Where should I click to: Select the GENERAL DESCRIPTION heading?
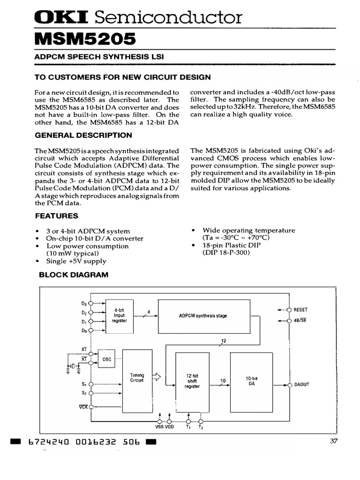coord(83,135)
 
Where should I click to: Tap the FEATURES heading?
coord(57,216)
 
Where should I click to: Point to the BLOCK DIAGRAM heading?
coord(73,275)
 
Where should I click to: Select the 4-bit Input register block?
coord(119,317)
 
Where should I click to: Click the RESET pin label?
coord(300,310)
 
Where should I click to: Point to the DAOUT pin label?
coord(301,385)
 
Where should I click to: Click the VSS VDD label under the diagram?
coord(165,427)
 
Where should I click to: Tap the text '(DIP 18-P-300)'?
coord(226,253)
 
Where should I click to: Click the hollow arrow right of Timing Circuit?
coord(157,376)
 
